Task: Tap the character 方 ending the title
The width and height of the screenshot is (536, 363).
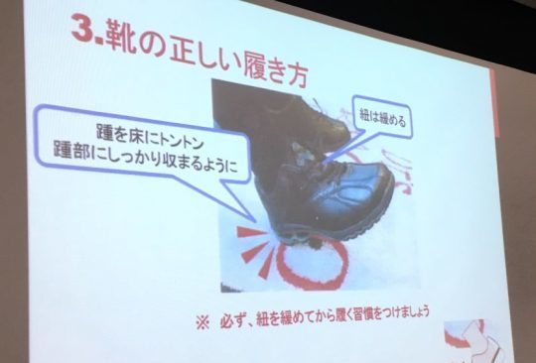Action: point(293,74)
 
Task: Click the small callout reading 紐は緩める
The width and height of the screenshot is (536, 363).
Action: point(382,118)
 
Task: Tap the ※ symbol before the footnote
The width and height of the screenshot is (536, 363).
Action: point(202,322)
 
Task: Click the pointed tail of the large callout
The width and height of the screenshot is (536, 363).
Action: point(254,219)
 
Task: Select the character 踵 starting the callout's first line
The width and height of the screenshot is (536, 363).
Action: point(104,132)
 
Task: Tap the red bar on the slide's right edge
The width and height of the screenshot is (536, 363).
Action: point(494,102)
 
